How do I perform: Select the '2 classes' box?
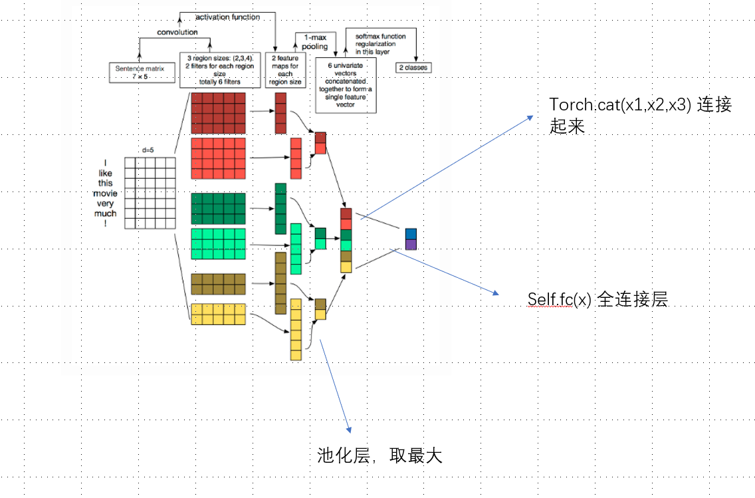coord(413,68)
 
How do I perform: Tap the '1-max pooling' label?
coord(315,42)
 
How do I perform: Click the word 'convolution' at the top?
coord(177,32)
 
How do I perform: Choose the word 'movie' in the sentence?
coord(105,193)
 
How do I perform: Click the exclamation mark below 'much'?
coord(105,224)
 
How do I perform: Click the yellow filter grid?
coord(218,314)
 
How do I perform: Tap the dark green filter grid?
coord(218,208)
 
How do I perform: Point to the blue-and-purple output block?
coord(411,239)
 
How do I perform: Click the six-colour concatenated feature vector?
coord(346,240)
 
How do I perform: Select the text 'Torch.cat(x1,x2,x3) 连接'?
coord(640,105)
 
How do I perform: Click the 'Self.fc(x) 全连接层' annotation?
coord(596,300)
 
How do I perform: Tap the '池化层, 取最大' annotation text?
coord(379,455)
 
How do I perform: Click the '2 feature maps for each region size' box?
coord(284,70)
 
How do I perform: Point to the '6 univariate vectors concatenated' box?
coord(346,84)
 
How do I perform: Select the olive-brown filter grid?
coord(218,284)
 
